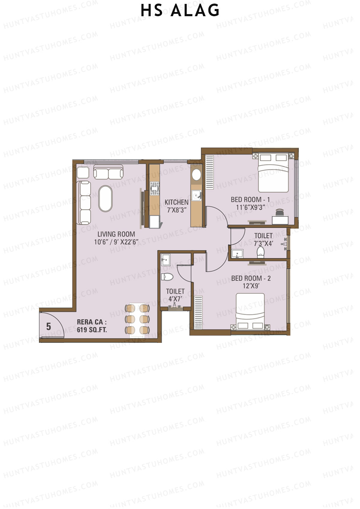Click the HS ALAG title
(x=180, y=10)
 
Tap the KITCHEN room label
(x=176, y=202)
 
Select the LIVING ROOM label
(x=116, y=234)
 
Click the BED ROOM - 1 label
(x=250, y=199)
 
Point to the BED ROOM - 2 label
(x=251, y=278)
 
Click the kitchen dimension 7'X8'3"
(x=177, y=210)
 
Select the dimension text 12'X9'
(x=251, y=286)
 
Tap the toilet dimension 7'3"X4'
(x=263, y=244)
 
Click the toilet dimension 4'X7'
(x=175, y=299)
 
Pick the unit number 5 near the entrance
(x=49, y=326)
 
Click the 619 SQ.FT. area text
(x=92, y=330)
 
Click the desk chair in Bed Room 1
(x=280, y=212)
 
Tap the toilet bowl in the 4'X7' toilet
(x=167, y=277)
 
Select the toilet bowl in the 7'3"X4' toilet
(x=260, y=252)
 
